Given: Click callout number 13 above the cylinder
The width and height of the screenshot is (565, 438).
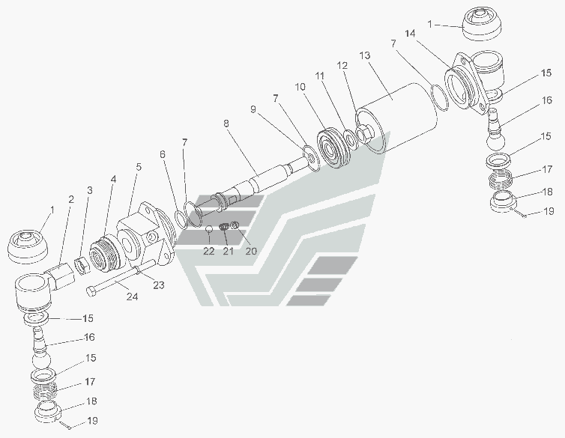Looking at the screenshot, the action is click(x=365, y=56).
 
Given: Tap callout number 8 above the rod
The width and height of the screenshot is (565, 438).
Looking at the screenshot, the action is click(x=226, y=124).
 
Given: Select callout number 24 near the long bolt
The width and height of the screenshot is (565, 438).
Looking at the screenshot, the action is click(x=132, y=296).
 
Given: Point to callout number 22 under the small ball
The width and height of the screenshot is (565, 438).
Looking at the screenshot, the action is click(x=208, y=251).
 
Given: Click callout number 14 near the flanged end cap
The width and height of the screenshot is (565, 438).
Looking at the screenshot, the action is click(x=410, y=34).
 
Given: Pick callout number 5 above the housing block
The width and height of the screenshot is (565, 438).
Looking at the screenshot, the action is click(x=139, y=167).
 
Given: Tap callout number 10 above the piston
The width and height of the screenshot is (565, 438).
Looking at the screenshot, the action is click(x=300, y=87).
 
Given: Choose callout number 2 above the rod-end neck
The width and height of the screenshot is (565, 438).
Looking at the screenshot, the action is click(x=71, y=199).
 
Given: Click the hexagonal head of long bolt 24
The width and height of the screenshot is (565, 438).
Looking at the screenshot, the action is click(x=91, y=291).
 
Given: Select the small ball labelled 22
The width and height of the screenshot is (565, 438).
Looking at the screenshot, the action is click(x=209, y=228).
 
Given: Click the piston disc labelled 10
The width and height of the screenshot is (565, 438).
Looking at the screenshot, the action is click(x=333, y=148).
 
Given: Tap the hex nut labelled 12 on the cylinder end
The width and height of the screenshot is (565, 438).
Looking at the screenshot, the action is click(x=363, y=133).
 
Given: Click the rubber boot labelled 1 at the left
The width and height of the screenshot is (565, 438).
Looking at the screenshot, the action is click(x=28, y=247).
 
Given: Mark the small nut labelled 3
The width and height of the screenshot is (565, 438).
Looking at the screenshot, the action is click(x=83, y=266).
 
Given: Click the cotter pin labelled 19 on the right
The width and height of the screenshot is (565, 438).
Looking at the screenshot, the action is click(x=518, y=213).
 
